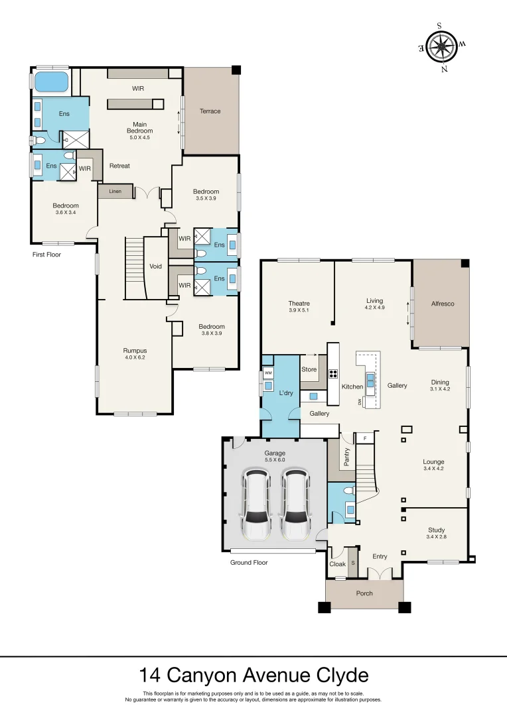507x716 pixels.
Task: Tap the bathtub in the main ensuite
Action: point(50,82)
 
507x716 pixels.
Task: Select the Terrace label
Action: point(210,111)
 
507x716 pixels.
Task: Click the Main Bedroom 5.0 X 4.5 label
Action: point(139,127)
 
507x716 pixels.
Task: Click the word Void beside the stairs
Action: point(155,267)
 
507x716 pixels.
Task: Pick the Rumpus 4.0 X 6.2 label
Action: point(135,354)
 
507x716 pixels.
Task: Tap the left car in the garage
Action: point(256,505)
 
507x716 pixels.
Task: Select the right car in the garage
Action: point(295,505)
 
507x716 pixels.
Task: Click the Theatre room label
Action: point(299,306)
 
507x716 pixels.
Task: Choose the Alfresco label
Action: point(442,304)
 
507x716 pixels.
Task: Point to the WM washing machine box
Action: point(268,373)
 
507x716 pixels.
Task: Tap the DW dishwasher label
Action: point(360,402)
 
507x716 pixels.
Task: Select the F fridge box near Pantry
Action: point(364,438)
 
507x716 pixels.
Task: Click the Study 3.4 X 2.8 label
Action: point(436,533)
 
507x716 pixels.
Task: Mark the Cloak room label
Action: point(337,564)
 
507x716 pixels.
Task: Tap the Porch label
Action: point(364,593)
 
